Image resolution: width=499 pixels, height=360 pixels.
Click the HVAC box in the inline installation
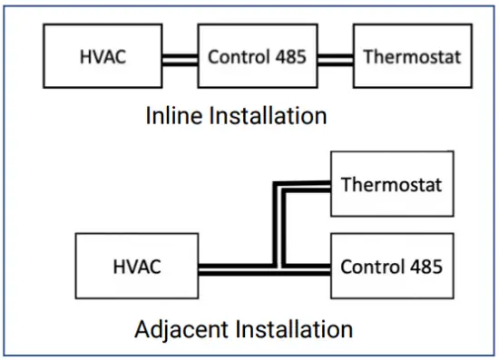click(x=103, y=57)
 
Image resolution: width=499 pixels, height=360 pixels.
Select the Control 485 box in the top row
click(x=258, y=57)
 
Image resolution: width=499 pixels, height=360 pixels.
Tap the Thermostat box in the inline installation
click(x=413, y=57)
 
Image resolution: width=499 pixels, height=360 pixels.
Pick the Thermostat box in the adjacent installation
click(x=391, y=186)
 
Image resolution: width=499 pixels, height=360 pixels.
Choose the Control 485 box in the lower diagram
click(x=391, y=267)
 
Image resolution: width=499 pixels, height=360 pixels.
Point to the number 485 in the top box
click(x=289, y=57)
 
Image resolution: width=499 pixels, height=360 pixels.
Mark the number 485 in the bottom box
click(x=423, y=267)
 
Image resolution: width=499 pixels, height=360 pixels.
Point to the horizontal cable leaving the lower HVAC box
click(x=231, y=268)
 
